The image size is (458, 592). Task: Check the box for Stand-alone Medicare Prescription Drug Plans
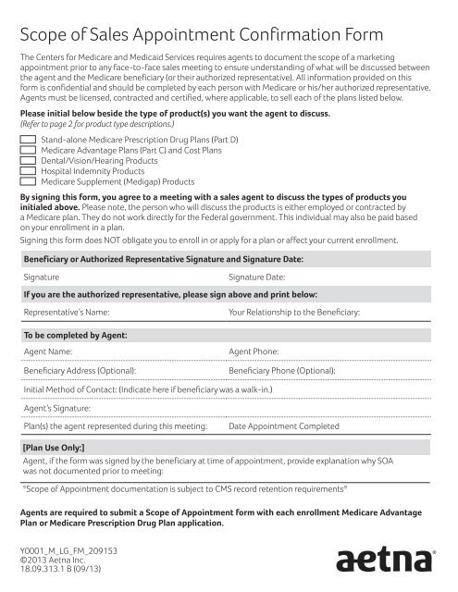[x=28, y=138]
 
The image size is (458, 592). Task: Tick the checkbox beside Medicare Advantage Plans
[x=28, y=148]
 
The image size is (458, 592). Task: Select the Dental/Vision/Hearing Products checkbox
[x=28, y=159]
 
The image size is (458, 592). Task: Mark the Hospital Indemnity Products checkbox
[x=28, y=170]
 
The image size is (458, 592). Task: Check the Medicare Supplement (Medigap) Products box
[x=28, y=180]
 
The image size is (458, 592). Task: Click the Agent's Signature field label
[x=57, y=408]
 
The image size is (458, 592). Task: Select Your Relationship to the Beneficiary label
[x=294, y=313]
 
